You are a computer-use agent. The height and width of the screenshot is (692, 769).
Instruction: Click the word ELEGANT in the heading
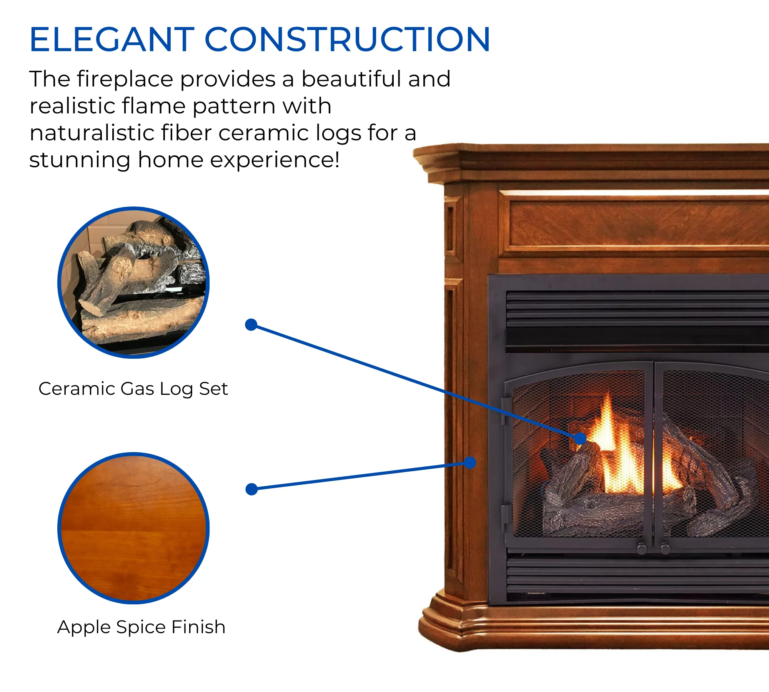coord(112,39)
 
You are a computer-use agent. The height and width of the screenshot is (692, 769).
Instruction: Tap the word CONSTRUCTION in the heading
coord(347,39)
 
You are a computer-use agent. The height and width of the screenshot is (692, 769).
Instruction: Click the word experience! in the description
coord(275,160)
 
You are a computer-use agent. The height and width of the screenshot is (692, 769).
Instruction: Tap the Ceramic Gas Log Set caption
coord(133,389)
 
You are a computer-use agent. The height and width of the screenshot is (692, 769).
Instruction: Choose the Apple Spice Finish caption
coord(141,627)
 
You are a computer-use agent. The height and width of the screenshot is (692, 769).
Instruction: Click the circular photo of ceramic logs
coord(133,283)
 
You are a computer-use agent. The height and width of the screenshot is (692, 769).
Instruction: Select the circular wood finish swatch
coord(133,528)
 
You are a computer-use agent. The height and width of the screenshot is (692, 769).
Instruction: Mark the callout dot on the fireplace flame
coord(580,438)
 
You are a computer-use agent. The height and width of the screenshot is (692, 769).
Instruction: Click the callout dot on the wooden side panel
coord(470,462)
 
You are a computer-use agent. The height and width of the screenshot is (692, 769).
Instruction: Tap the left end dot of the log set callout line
coord(251,325)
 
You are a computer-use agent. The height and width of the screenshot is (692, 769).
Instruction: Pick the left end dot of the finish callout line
coord(251,489)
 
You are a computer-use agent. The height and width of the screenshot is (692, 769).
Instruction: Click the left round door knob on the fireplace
coord(642,548)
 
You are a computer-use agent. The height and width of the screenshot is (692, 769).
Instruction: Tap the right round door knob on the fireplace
coord(665,548)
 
